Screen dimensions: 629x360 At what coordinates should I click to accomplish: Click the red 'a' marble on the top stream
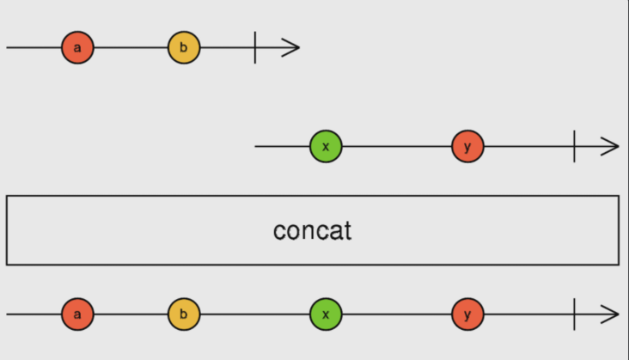[77, 47]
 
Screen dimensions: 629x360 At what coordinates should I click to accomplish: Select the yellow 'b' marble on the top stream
[184, 47]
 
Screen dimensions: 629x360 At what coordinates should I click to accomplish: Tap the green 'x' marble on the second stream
[326, 146]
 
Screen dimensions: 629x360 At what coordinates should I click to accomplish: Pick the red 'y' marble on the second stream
[467, 146]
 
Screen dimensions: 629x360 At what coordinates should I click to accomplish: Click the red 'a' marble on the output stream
[77, 314]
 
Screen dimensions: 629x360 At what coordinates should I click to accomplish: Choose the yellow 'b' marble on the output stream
[184, 314]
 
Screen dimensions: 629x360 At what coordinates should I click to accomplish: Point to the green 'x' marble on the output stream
[326, 314]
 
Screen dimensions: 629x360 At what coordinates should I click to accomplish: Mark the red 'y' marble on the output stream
[467, 314]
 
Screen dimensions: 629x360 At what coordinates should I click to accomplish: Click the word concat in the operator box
[313, 231]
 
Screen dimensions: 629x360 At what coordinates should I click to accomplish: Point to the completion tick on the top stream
[255, 47]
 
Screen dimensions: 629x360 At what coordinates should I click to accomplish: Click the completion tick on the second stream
[575, 146]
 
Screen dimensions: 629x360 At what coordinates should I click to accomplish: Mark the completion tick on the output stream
[575, 314]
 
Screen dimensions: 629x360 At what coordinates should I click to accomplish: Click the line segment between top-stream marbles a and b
[131, 47]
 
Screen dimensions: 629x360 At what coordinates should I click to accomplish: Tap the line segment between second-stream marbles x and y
[397, 146]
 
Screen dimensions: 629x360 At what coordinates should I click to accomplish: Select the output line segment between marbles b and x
[254, 314]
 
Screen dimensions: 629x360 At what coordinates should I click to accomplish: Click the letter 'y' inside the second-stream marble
[467, 147]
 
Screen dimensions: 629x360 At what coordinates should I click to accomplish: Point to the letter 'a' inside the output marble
[77, 314]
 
